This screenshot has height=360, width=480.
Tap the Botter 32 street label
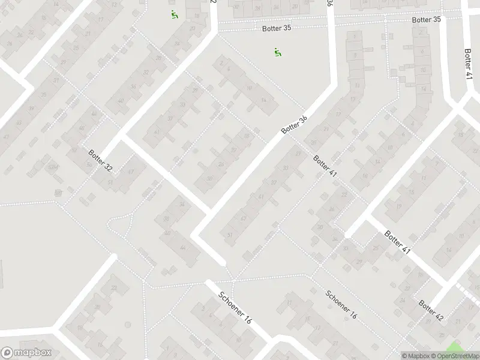coord(100,160)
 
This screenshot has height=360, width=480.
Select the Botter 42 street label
coord(431,310)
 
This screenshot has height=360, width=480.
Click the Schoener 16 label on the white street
coord(235,308)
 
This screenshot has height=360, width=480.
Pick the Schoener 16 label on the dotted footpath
coord(341,305)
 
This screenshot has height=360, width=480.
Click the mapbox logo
coord(25,353)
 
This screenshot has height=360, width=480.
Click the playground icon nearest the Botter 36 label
coord(277,53)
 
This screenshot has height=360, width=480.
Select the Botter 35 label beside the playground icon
coord(276,28)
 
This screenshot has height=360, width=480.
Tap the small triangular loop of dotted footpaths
coord(121,223)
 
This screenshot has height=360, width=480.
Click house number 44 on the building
coord(182,247)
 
